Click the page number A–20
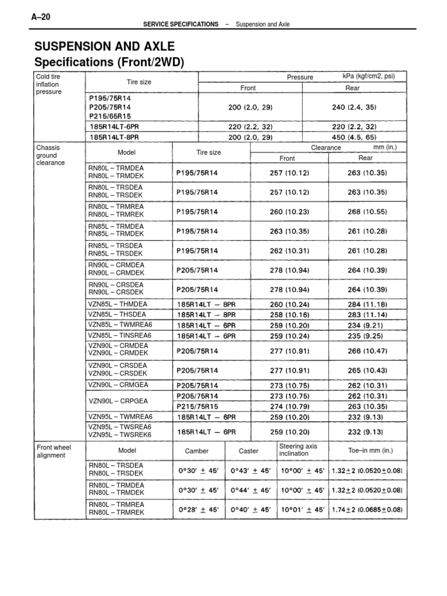(41, 17)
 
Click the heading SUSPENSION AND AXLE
(104, 47)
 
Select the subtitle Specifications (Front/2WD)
(109, 62)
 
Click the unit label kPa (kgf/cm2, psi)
(369, 76)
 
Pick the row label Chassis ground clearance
(48, 156)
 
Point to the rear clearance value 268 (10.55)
(367, 212)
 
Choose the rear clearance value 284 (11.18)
(367, 304)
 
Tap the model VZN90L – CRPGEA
(118, 402)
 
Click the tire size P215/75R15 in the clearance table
(197, 406)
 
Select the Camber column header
(196, 451)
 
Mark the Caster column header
(249, 451)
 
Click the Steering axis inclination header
(299, 450)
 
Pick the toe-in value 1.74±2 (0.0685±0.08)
(367, 509)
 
